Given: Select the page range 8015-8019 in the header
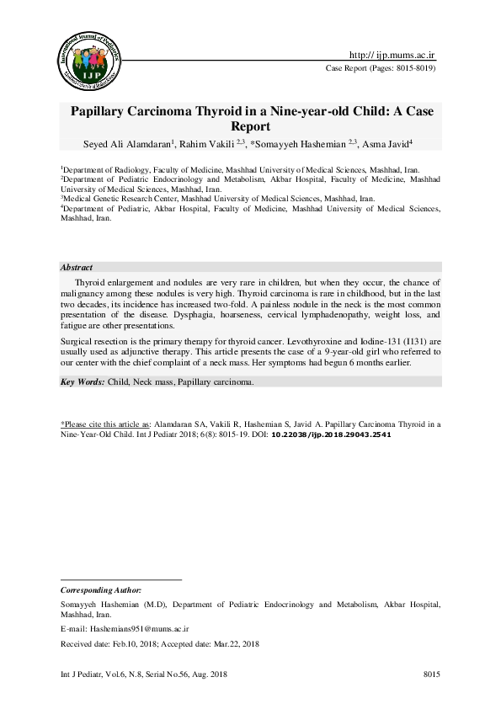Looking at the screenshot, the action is coord(411,68).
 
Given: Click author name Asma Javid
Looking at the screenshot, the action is coord(386,143).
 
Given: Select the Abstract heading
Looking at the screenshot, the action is coord(77,267).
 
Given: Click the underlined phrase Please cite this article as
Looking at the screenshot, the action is coord(106,424).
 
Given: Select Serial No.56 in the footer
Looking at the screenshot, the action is coord(168,674).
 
